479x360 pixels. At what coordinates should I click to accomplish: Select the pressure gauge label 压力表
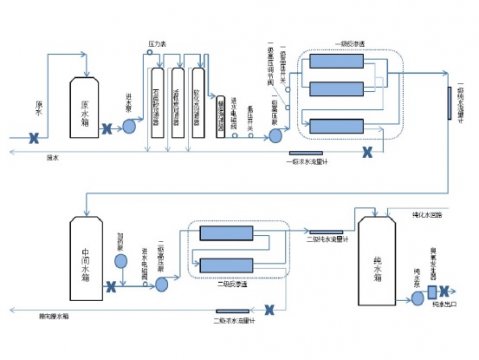point(156,44)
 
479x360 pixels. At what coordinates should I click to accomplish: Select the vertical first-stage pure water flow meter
point(448,100)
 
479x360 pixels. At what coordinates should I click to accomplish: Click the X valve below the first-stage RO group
point(366,151)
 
